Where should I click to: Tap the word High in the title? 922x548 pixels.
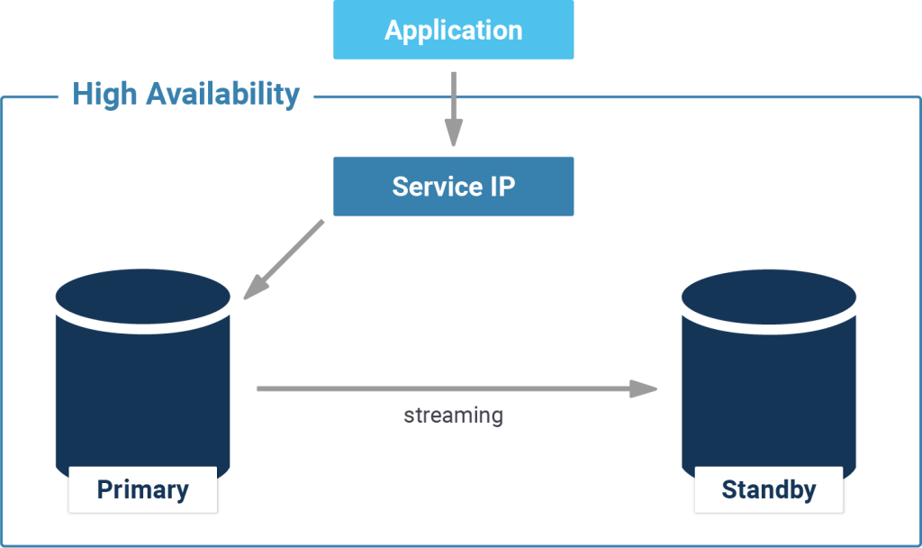tap(102, 94)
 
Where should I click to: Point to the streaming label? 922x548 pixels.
tap(453, 416)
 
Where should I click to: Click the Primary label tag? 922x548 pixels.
tap(142, 489)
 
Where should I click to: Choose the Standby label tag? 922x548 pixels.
tap(769, 489)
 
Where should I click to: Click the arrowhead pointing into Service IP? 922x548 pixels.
tap(453, 135)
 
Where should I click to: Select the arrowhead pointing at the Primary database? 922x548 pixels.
tap(255, 286)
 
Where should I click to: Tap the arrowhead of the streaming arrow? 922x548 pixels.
tap(643, 388)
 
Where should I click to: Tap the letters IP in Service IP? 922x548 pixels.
tap(502, 187)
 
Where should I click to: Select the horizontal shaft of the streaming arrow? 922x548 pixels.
tap(441, 388)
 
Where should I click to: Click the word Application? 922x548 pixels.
tap(453, 31)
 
